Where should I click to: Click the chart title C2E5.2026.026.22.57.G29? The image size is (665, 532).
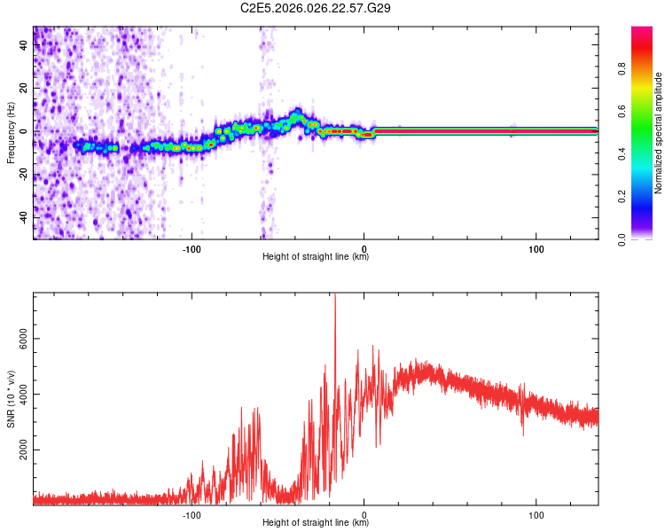point(317,8)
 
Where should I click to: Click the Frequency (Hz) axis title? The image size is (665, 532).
point(11,133)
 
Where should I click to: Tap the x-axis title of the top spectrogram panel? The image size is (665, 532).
point(316,257)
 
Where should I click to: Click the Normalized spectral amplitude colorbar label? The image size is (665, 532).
point(659,133)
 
